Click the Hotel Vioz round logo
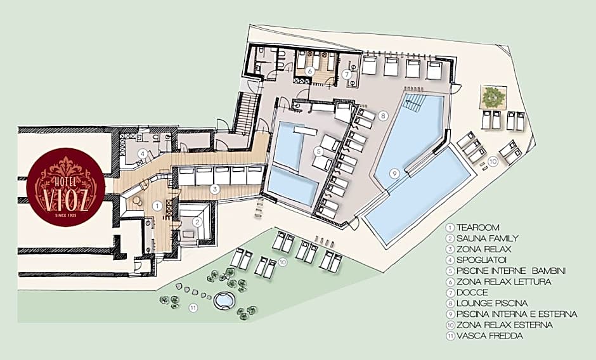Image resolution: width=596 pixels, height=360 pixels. coord(66,187)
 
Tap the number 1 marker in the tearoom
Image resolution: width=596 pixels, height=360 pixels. coord(157,205)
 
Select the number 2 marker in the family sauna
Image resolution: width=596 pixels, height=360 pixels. coord(197,222)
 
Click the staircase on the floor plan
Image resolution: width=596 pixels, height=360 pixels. coord(245,114)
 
